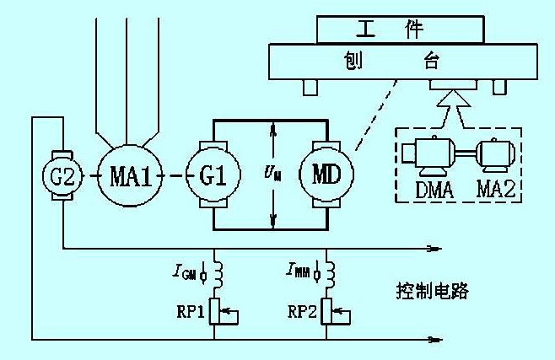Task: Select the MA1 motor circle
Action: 129,178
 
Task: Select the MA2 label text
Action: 498,190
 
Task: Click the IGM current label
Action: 186,271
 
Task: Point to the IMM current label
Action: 300,271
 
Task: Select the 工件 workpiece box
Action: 401,29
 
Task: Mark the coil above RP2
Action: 327,273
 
